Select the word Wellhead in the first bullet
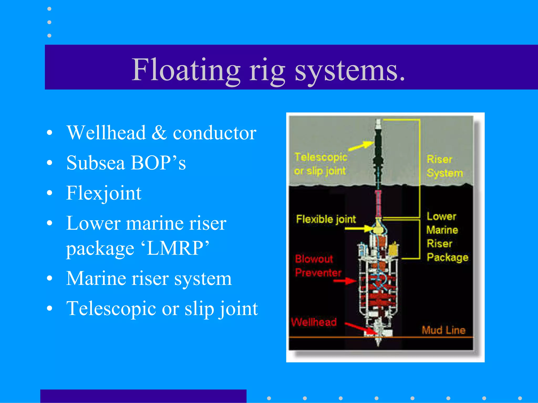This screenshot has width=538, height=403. click(x=106, y=133)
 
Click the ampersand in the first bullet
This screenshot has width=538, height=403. click(x=159, y=133)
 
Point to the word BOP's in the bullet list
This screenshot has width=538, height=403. click(x=158, y=163)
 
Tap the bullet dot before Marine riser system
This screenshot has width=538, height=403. click(x=49, y=279)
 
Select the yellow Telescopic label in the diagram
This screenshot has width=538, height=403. click(x=321, y=157)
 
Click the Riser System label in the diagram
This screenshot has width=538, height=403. click(x=444, y=166)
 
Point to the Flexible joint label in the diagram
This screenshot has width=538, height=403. click(x=326, y=219)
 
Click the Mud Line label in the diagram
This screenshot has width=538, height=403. click(x=443, y=330)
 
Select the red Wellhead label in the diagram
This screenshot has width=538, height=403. click(x=314, y=322)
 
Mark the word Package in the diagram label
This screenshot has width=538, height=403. click(x=447, y=257)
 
